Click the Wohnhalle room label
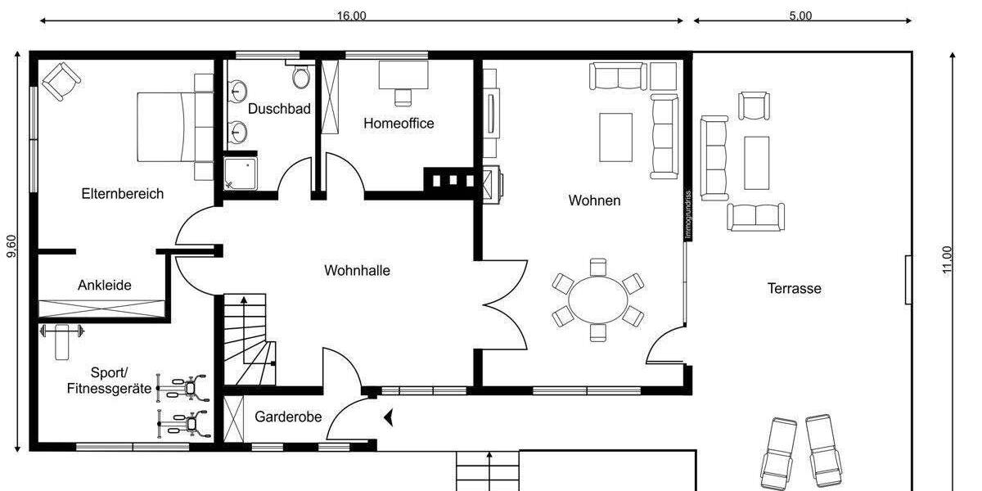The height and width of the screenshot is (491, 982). pos(357,270)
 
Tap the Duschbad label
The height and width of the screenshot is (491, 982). pos(279,108)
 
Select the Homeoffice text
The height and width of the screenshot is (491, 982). pos(399,124)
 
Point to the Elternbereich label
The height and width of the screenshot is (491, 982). pos(122,194)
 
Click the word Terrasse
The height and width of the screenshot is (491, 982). pos(794,288)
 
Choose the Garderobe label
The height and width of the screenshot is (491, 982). pos(288,417)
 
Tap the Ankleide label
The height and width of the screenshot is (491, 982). pos(105,286)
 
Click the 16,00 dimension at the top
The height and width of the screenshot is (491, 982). pos(351,16)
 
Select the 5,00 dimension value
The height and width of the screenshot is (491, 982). pos(800,16)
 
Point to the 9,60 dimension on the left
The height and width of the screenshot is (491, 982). pos(11,247)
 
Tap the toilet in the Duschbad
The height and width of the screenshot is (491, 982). pos(301,77)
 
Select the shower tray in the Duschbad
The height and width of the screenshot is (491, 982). pos(241,173)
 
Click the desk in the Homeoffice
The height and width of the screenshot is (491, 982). pos(403,74)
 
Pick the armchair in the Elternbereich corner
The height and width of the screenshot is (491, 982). pos(61,81)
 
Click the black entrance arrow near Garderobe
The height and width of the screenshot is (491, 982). pos(390,417)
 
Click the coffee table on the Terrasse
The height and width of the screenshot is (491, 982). pos(756,162)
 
